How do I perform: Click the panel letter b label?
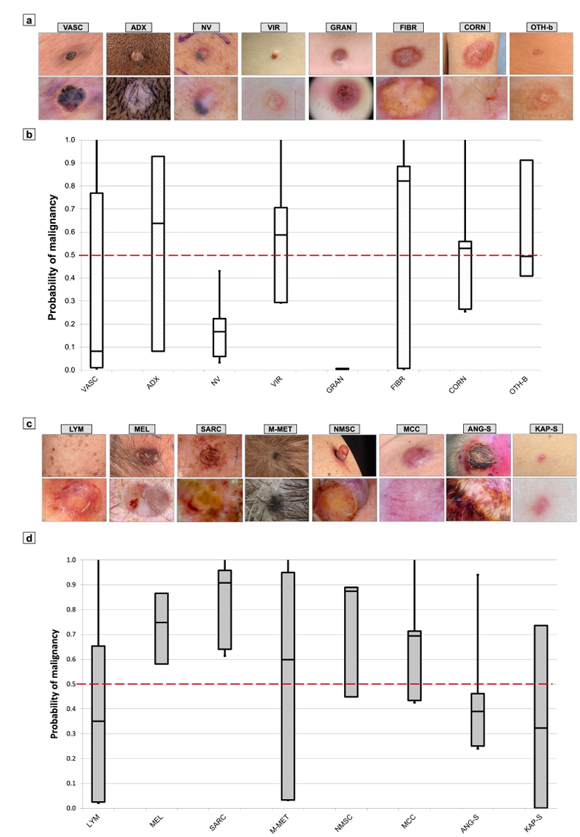click(30, 132)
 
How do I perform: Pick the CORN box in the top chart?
click(465, 275)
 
